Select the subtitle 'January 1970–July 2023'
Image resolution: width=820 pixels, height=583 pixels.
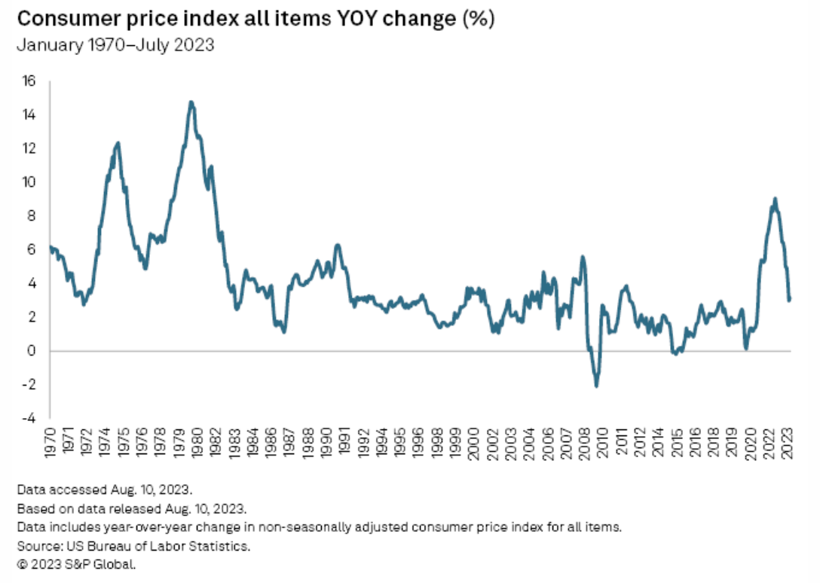tap(115, 45)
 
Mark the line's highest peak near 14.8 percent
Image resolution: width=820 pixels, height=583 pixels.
tap(191, 102)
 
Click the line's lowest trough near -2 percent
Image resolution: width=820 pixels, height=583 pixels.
tap(597, 386)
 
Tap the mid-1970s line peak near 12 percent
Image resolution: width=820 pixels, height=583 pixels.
tap(118, 142)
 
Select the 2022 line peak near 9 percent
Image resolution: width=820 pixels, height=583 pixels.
tap(775, 199)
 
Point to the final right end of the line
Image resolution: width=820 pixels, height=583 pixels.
tap(789, 300)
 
